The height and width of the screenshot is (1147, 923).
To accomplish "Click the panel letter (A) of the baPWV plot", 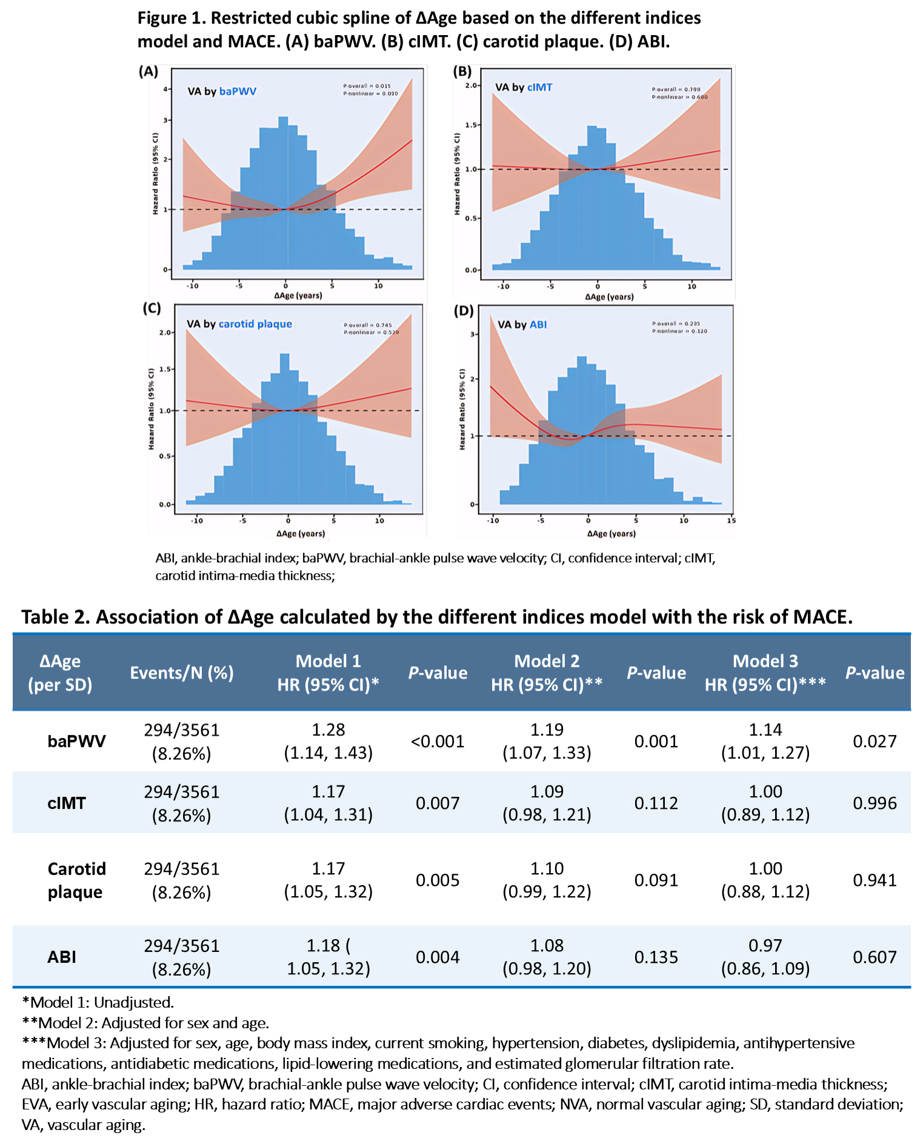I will (x=148, y=71).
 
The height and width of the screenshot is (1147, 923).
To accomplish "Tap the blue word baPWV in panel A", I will (x=238, y=91).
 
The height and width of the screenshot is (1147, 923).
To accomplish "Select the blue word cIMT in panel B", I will (x=539, y=87).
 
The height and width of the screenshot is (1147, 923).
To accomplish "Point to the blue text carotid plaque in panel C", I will (x=255, y=324).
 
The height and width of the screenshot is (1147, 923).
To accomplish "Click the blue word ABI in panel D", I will (x=538, y=325).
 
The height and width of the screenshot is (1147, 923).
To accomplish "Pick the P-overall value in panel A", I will (x=367, y=86).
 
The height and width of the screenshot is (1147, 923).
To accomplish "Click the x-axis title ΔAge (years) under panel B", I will (x=609, y=297).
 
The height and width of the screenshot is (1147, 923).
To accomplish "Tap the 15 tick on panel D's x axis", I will (x=731, y=520).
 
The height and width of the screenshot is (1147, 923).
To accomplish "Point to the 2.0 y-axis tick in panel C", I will (x=165, y=333).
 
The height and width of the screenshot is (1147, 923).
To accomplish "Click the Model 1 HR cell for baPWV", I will (x=328, y=741).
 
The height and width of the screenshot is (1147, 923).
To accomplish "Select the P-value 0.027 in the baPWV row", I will (x=874, y=741).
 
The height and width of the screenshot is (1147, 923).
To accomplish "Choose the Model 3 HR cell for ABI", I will (x=765, y=957).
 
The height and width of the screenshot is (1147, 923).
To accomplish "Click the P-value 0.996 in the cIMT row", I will (x=874, y=803).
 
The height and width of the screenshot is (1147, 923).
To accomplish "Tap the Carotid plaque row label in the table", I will (x=76, y=880).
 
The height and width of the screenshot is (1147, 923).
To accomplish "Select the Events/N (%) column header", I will (x=182, y=673).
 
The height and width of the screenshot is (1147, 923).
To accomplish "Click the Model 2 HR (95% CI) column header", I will (x=547, y=673).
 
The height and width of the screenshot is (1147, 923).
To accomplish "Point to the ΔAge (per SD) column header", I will (x=60, y=673).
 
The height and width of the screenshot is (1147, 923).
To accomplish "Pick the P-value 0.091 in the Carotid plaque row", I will (x=656, y=880).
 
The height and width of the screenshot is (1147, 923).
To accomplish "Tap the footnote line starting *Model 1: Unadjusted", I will (x=98, y=1002).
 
